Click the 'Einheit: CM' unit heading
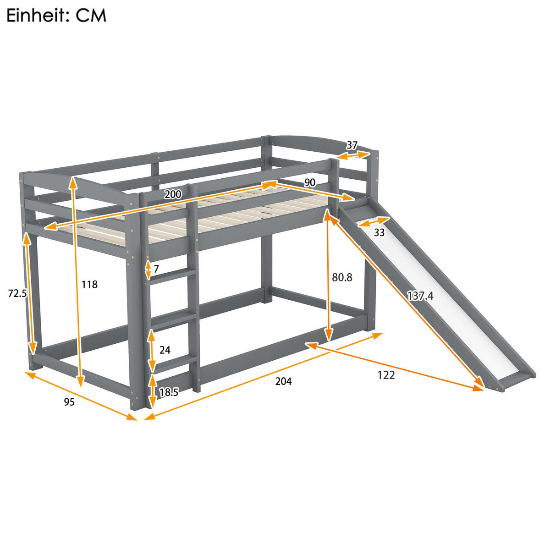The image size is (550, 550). [x=56, y=16]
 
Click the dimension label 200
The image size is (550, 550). [x=173, y=194]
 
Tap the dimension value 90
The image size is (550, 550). [x=310, y=182]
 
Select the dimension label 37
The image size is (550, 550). [x=352, y=145]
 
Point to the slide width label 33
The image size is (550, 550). [x=379, y=232]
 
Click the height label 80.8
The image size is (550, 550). [x=342, y=277]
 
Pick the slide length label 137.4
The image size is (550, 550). [x=420, y=296]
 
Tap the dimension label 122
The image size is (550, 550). [x=386, y=375]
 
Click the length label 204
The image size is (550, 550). [x=283, y=381]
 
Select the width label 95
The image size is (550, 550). [x=69, y=402]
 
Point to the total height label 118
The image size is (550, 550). [x=89, y=285]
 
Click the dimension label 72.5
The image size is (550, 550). [x=17, y=293]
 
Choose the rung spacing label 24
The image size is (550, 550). [x=165, y=350]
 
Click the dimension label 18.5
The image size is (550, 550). [x=169, y=392]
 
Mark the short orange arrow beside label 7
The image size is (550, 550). [x=148, y=269]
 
